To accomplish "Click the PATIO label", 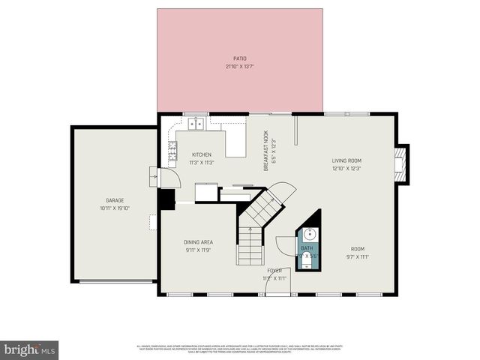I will pos(239,58).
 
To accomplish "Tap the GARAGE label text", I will pos(114,200).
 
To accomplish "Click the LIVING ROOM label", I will pos(346,160).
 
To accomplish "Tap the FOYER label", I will pos(274,271).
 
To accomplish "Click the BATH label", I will pos(307,247).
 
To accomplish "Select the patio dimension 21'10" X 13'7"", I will pos(239,66).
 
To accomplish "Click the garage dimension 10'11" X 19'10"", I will pos(114,208).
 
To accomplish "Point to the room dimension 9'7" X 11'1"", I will pos(357,256).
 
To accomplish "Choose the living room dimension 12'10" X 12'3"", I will pos(346,168).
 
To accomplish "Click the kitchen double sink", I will pos(197,124).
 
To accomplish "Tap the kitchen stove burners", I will pos(172,148).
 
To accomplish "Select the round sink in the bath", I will pos(308,233).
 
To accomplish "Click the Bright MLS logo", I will pos(30,349).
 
